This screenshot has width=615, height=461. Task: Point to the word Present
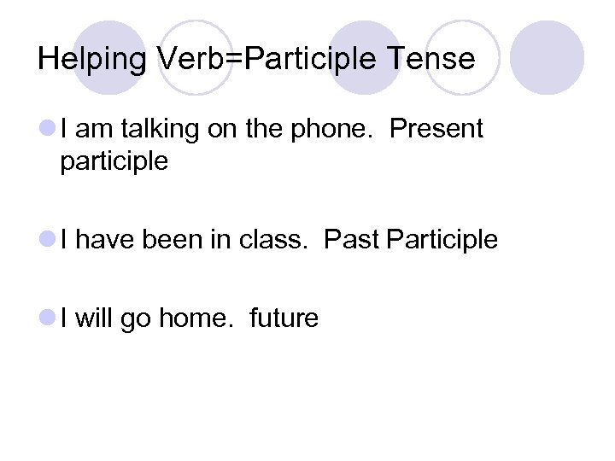pos(436,130)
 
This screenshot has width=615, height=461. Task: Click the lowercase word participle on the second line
pos(114,161)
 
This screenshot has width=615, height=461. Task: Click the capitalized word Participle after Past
pos(442,241)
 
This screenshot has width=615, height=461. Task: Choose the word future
pos(284,318)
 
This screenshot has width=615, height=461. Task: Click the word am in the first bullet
pos(97,130)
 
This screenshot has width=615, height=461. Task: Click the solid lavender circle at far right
pos(551,57)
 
